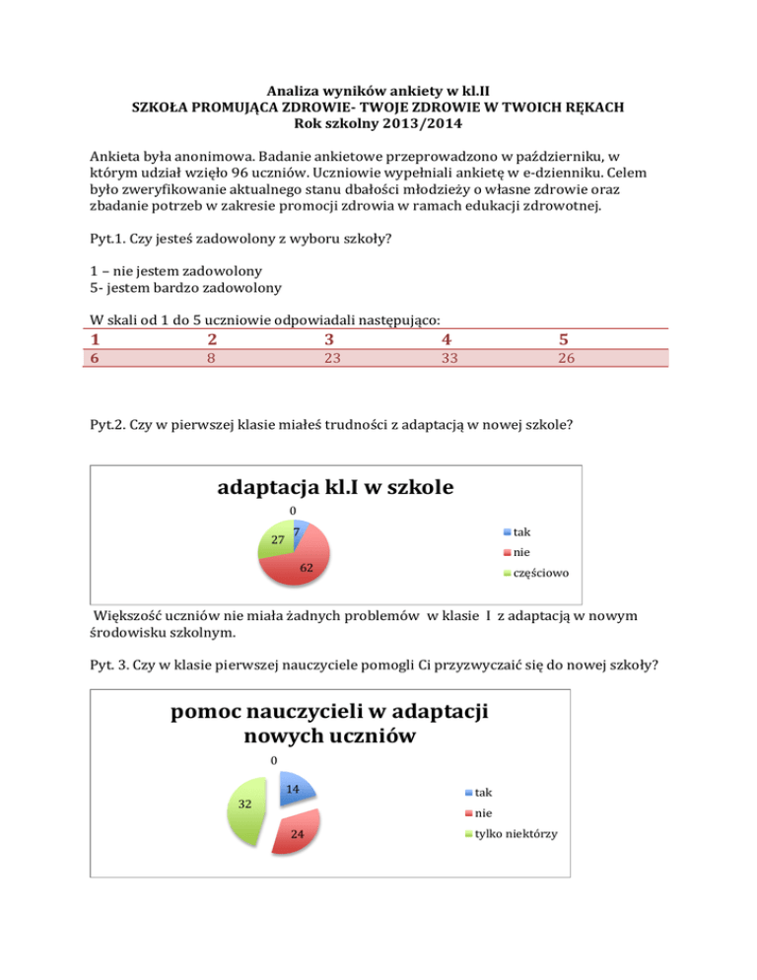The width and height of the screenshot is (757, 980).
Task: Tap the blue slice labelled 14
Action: point(297,786)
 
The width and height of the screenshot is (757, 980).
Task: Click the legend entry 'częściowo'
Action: point(539,573)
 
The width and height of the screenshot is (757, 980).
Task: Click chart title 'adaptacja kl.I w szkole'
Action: point(337,487)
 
